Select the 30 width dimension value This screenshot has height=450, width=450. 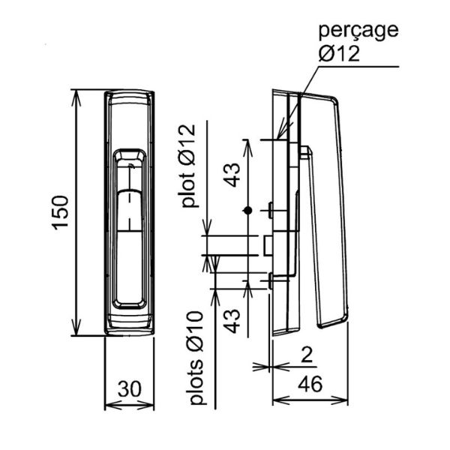pyautogui.click(x=129, y=388)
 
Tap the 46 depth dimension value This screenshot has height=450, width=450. pyautogui.click(x=309, y=385)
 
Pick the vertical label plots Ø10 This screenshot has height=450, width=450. pyautogui.click(x=196, y=359)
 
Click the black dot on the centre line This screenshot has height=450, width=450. pyautogui.click(x=247, y=211)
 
